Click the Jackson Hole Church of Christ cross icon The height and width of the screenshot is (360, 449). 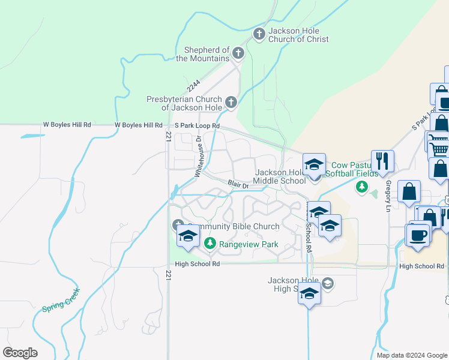click(x=259, y=34)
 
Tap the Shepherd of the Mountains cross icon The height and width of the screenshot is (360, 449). click(x=238, y=53)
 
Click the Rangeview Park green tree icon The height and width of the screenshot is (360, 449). click(x=209, y=244)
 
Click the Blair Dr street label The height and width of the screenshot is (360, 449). click(x=238, y=184)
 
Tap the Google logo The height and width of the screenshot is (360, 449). click(x=20, y=353)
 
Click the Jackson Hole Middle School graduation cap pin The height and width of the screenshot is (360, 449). click(x=314, y=165)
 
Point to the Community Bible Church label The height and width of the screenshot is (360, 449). click(x=232, y=226)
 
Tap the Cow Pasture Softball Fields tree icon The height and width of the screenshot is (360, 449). click(x=362, y=187)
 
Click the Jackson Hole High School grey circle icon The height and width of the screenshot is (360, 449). click(x=328, y=283)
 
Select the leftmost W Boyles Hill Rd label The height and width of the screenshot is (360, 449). click(x=67, y=125)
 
